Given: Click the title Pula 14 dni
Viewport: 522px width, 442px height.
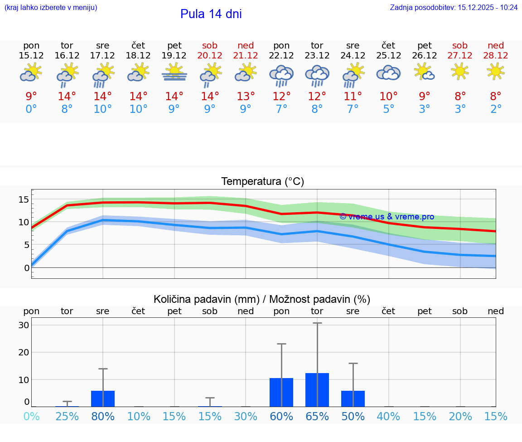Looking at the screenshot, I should click(x=211, y=14).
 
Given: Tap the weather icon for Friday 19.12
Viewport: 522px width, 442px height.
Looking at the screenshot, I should click(x=174, y=73).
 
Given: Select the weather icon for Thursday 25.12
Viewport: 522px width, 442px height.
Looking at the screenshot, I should click(x=388, y=73).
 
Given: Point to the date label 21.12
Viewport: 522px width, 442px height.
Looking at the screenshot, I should click(x=246, y=55).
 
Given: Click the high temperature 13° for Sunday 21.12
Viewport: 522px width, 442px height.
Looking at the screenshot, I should click(x=246, y=97).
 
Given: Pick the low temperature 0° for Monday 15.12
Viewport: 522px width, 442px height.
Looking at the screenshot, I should click(x=31, y=109).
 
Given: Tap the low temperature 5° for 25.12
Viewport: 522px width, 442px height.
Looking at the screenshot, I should click(x=388, y=109).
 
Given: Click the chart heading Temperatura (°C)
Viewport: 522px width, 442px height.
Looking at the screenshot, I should click(x=262, y=182).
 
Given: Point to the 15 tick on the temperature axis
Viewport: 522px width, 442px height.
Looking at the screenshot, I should click(x=24, y=199).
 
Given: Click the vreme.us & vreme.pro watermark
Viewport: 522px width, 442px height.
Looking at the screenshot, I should click(x=387, y=217).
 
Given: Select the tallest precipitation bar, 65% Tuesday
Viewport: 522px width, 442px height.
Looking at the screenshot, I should click(x=317, y=389).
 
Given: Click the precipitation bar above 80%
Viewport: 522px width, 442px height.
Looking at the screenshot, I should click(x=103, y=398).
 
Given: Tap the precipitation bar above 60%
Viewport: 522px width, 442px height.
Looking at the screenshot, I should click(x=281, y=392).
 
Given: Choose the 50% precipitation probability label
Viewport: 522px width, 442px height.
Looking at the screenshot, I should click(x=353, y=416).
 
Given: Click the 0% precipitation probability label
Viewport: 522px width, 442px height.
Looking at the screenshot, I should click(x=31, y=416).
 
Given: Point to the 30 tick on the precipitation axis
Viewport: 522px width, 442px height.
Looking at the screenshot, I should click(x=24, y=325).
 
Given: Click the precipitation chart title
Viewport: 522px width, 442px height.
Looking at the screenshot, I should click(x=262, y=299).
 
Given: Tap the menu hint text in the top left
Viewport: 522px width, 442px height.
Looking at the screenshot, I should click(x=51, y=7).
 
